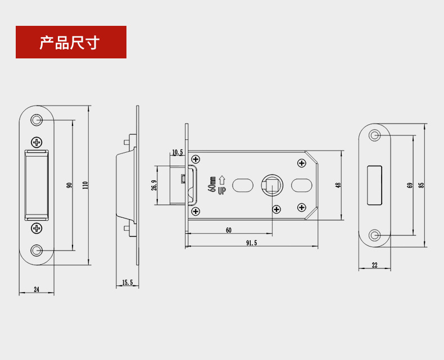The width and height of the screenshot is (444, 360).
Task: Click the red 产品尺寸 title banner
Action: [71, 42]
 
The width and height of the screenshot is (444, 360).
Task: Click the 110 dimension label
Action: [85, 185]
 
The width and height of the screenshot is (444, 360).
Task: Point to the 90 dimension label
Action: [69, 185]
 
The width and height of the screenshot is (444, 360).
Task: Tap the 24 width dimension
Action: [37, 289]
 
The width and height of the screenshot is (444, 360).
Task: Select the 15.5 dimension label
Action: [127, 282]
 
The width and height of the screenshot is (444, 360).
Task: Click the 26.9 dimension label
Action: [154, 185]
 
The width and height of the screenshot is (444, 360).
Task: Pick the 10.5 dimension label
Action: [178, 152]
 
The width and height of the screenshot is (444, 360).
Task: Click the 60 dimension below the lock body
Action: [228, 230]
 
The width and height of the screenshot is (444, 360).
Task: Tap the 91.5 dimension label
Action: [251, 243]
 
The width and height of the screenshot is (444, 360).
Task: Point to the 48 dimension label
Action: [338, 185]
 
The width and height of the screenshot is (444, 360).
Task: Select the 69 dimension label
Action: [410, 185]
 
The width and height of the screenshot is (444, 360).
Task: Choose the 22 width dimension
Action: [374, 265]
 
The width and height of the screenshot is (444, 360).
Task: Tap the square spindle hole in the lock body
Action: [271, 185]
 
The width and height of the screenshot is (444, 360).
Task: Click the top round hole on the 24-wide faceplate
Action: [37, 120]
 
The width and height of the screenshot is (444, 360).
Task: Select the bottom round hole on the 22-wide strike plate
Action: [374, 235]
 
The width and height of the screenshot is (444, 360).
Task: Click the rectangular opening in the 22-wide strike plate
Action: [374, 185]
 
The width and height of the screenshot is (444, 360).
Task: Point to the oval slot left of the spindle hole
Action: [243, 185]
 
